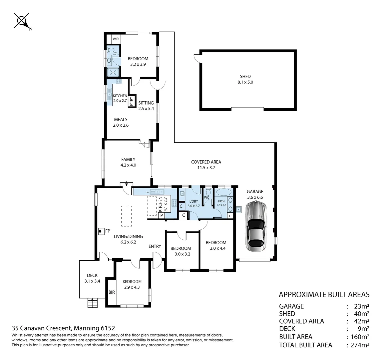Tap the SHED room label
click(x=245, y=76)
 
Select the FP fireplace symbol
click(x=100, y=231)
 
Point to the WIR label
click(x=116, y=39)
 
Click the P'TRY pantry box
click(x=132, y=101)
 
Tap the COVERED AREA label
click(x=206, y=162)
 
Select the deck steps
click(x=92, y=303)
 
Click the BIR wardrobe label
click(x=112, y=292)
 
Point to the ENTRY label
click(x=155, y=246)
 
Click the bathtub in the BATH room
click(x=223, y=193)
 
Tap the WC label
click(x=206, y=198)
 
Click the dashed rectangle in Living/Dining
click(x=126, y=216)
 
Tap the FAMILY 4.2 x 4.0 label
click(x=128, y=162)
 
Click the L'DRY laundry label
click(x=193, y=201)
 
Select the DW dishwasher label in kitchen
click(x=147, y=192)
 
